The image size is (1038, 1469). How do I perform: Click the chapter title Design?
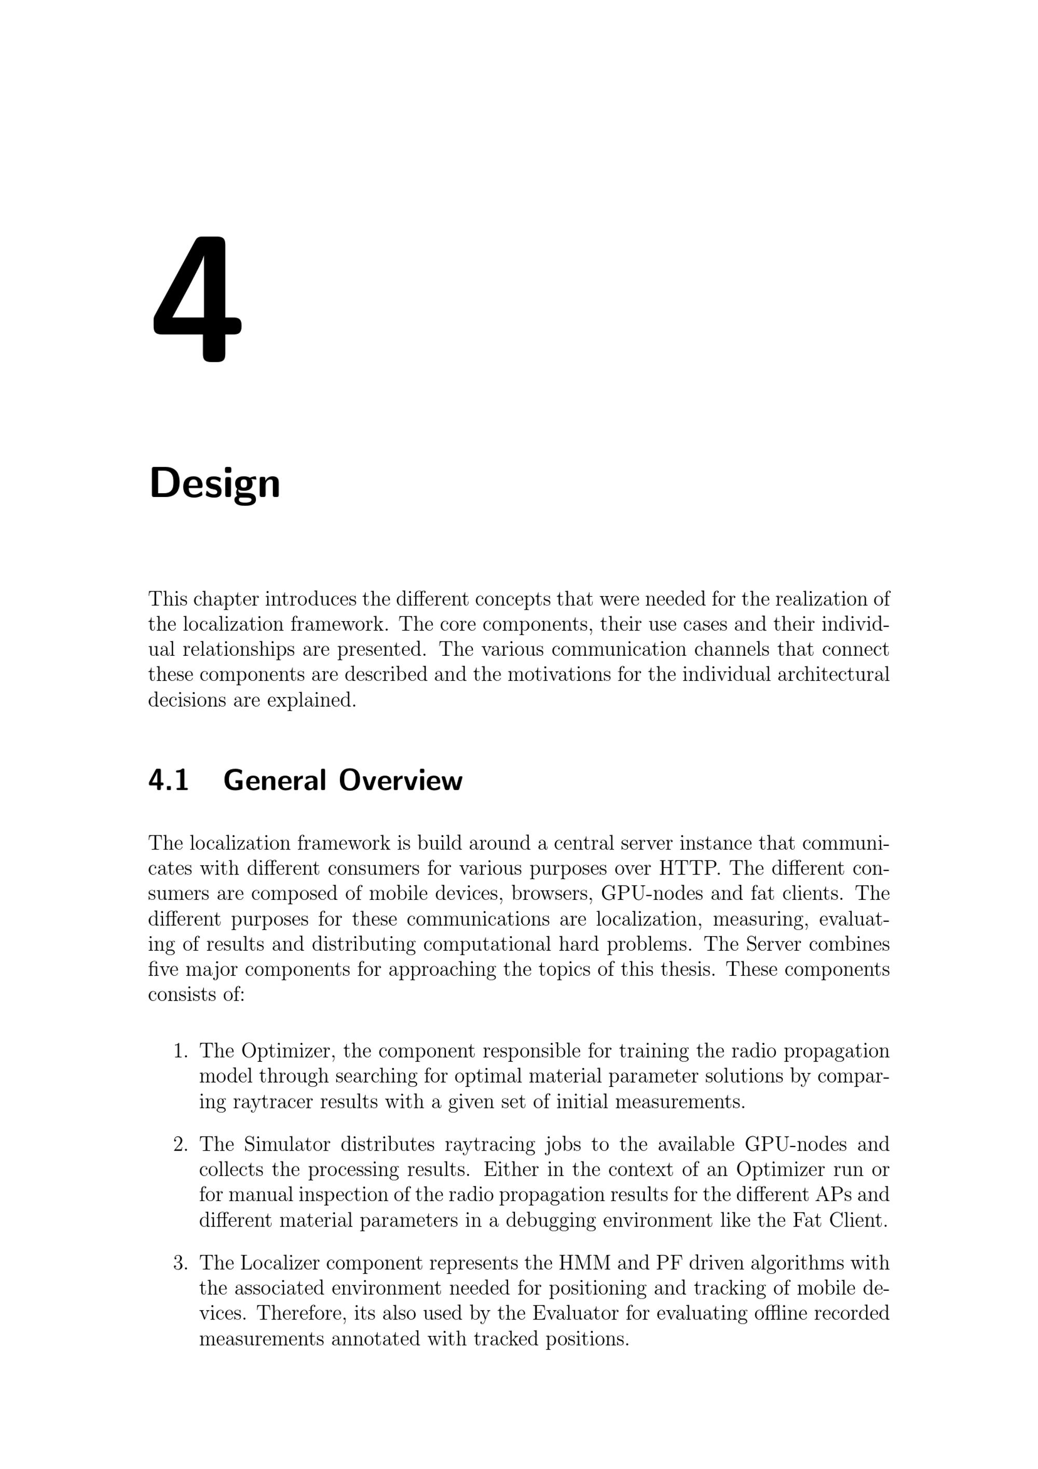214,484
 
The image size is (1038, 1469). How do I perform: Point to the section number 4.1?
168,780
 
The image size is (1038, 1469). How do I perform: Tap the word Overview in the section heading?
400,780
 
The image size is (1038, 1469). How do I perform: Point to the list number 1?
181,1051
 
